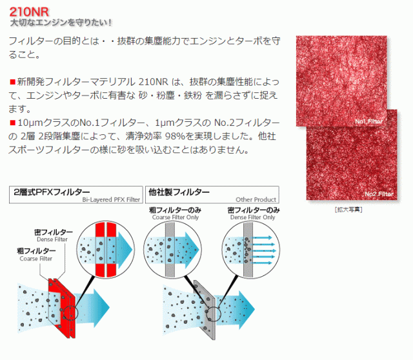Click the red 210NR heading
[29, 12]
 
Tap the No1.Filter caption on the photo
[368, 121]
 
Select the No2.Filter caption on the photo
[379, 194]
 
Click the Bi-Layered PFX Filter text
[111, 199]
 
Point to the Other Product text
[256, 199]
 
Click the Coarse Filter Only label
[176, 217]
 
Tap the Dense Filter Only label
[252, 217]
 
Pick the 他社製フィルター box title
[179, 192]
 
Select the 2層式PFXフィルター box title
[52, 192]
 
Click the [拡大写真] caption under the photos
[348, 210]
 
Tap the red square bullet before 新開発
[12, 82]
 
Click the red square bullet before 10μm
[12, 123]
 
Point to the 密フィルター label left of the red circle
[54, 232]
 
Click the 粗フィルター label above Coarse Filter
[36, 251]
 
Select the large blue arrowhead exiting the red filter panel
[101, 308]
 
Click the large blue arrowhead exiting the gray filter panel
[247, 310]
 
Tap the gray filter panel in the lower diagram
[205, 310]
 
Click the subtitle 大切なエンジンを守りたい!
[61, 23]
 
